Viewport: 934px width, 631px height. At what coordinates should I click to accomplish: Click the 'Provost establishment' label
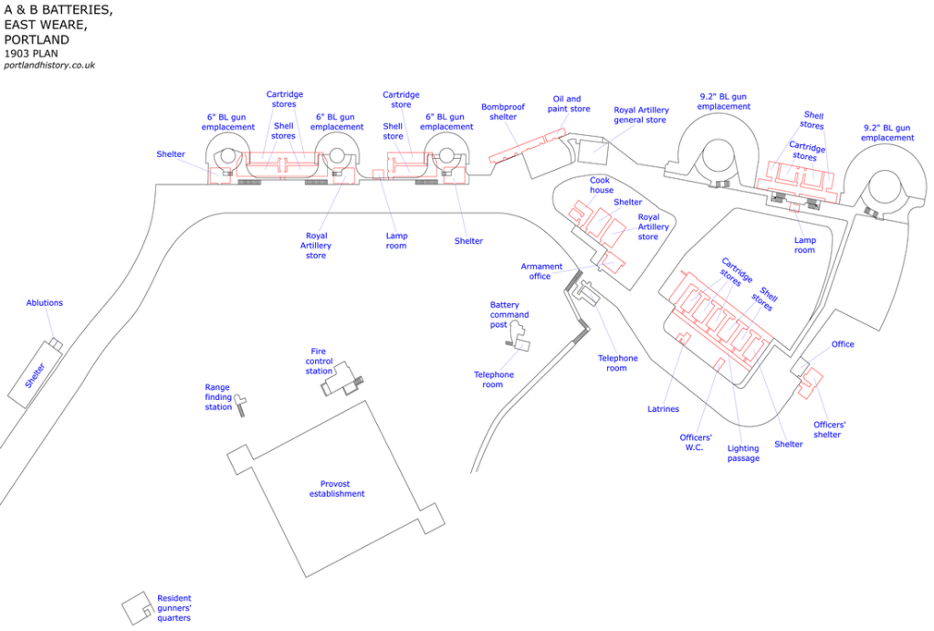341,489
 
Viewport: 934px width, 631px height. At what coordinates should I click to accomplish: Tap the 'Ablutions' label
45,303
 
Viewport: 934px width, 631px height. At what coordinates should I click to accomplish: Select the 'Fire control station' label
319,361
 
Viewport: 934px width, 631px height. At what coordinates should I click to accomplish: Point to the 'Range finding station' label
218,397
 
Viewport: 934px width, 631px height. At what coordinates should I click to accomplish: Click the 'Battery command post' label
509,314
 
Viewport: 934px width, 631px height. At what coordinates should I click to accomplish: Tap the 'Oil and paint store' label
567,104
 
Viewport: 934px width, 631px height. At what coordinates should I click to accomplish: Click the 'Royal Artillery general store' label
641,115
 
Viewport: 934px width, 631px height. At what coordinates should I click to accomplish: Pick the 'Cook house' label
601,185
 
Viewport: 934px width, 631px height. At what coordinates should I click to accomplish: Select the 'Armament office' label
541,271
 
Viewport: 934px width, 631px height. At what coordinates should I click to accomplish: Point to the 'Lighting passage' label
743,454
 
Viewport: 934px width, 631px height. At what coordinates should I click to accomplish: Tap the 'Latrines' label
664,409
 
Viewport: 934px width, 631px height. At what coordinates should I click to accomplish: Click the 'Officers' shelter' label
829,429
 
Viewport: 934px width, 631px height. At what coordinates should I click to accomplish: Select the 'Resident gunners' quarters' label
174,608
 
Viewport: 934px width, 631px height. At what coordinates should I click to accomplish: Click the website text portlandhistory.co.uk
49,66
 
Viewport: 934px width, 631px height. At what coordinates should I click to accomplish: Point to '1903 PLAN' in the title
32,53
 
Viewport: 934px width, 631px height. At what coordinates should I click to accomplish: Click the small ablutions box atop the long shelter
56,343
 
